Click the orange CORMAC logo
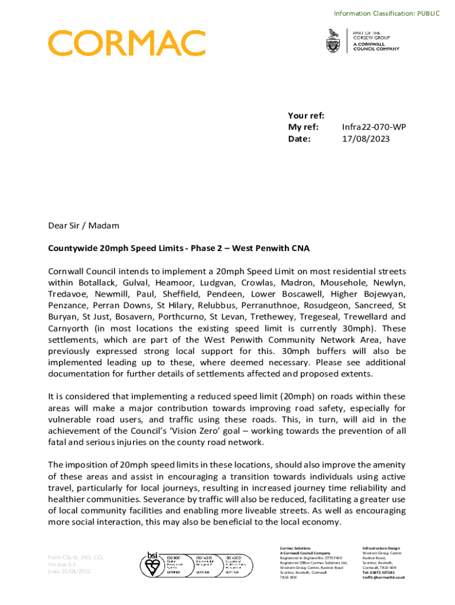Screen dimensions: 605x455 (x=126, y=44)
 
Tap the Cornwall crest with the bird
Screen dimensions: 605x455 (x=333, y=41)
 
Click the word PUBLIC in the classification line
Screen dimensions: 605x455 (x=427, y=13)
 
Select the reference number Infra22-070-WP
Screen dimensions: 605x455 (x=374, y=127)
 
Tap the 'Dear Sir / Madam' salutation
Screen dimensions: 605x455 (x=83, y=226)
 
